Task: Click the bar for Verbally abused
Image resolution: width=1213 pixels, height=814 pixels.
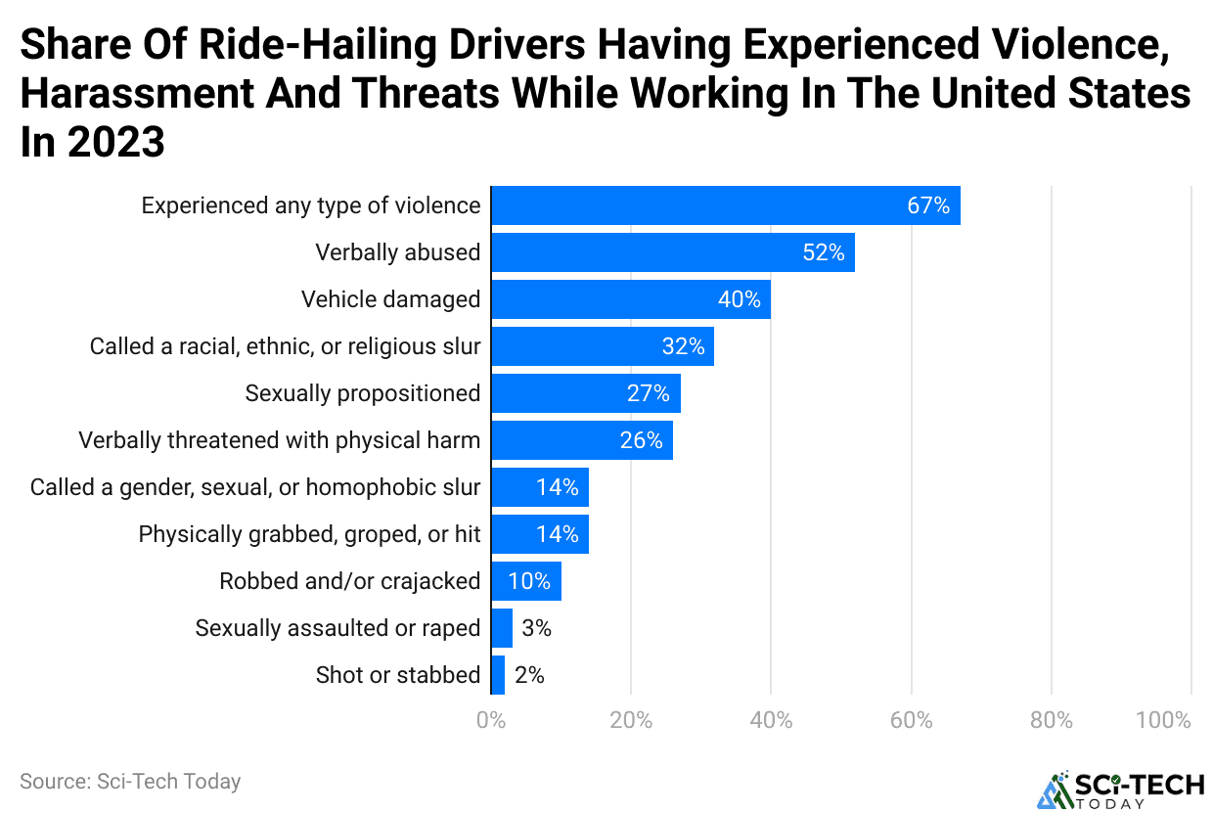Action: [672, 252]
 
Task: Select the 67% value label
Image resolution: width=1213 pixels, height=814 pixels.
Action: [927, 205]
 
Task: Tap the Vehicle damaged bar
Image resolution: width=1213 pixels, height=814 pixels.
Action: [630, 299]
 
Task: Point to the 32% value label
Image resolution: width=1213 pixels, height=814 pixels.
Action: [682, 346]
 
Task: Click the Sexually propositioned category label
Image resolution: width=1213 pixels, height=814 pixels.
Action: [363, 393]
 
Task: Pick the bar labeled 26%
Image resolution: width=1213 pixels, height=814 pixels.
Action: [581, 440]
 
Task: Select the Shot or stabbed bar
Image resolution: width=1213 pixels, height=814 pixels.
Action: [498, 675]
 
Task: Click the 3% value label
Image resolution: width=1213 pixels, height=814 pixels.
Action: [536, 628]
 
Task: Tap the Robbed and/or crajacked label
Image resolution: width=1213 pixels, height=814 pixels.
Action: [349, 581]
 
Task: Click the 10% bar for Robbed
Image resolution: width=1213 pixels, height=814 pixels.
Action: [525, 581]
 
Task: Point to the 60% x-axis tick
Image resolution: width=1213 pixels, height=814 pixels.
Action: [911, 721]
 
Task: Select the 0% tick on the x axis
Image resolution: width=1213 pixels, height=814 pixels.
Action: [491, 721]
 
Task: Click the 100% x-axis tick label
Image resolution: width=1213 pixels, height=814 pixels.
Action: [1163, 721]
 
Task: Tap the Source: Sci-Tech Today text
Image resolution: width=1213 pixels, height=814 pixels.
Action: [130, 781]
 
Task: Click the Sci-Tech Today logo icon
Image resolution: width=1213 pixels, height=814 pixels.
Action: [1054, 791]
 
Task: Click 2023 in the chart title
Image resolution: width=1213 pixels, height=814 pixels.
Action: [118, 143]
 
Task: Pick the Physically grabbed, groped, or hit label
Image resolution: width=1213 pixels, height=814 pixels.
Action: [309, 534]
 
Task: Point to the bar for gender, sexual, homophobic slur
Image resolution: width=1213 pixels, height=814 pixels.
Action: [539, 487]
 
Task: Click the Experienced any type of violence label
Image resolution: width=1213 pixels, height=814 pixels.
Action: [311, 205]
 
